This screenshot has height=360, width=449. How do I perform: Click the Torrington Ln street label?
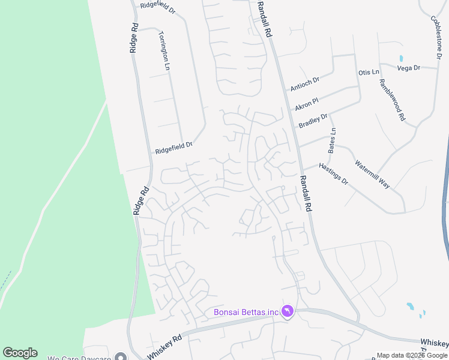164,51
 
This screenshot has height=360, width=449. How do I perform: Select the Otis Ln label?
369,72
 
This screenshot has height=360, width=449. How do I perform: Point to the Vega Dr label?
408,68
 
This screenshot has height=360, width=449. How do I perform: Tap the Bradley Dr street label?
313,121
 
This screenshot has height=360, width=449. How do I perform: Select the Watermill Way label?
372,174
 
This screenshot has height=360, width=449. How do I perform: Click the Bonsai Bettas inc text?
246,312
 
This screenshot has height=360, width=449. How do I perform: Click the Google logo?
20,353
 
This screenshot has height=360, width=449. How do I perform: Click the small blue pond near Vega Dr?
400,59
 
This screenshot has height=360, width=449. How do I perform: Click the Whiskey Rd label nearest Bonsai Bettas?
164,347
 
